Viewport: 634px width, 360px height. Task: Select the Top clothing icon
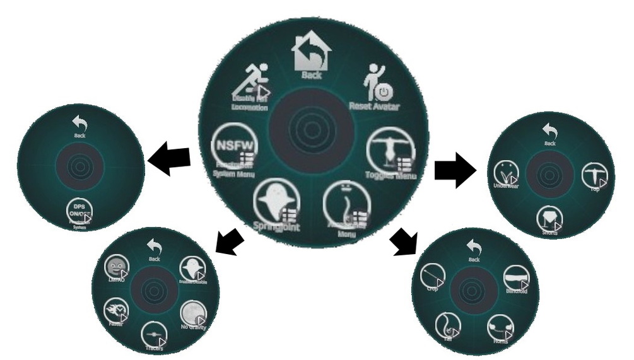pyautogui.click(x=592, y=174)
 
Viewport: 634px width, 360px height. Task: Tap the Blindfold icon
pyautogui.click(x=515, y=278)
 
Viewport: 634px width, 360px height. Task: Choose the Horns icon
pyautogui.click(x=500, y=327)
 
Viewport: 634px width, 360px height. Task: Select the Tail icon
pyautogui.click(x=447, y=323)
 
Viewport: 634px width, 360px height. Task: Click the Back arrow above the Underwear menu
pyautogui.click(x=548, y=132)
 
